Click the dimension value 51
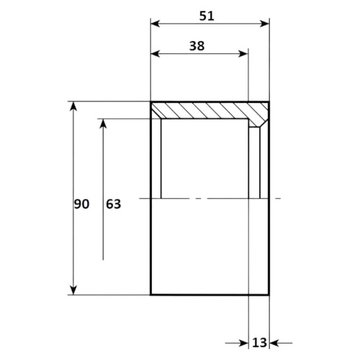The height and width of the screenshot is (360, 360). pos(207,16)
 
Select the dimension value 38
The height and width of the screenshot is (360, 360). pos(197,46)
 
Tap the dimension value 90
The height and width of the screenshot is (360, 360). pos(81,204)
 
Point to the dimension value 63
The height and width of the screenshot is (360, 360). pos(114,204)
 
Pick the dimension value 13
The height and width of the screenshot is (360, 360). pos(259,343)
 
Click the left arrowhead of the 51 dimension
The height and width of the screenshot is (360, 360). pos(156,24)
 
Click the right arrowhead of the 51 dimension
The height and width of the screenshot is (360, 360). pos(264,24)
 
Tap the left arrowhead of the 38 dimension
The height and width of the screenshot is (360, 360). pos(156,54)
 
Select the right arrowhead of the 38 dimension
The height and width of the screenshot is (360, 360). pos(243,54)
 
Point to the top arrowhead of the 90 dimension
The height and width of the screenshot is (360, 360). pos(73,107)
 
